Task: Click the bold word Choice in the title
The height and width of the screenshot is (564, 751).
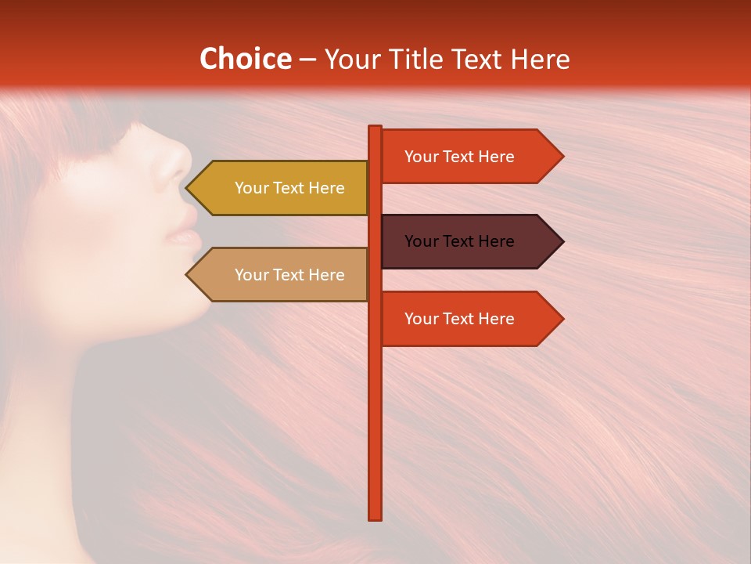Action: [245, 60]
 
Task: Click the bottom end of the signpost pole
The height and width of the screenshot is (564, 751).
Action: [375, 517]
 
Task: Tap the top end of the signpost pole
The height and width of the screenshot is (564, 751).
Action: [375, 128]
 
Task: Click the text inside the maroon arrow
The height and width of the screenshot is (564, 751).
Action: [459, 241]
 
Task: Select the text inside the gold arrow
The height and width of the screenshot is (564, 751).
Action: [289, 188]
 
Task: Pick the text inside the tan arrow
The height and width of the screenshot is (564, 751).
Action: [289, 275]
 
